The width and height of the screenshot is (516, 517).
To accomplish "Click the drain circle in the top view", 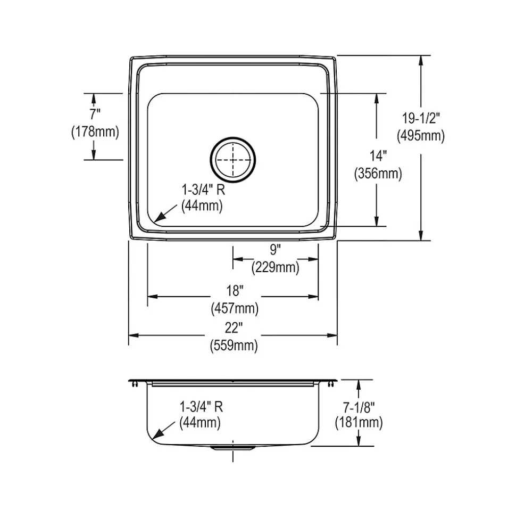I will point(233,159).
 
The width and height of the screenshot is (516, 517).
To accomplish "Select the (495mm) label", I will point(420,136).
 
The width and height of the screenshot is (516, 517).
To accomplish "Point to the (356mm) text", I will point(377,173).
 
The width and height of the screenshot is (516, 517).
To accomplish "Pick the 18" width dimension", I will point(234,291).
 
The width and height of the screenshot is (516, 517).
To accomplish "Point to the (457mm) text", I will point(234,307).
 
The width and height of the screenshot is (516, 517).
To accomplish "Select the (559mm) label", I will point(234,346).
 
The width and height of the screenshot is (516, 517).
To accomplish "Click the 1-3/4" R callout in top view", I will point(202,189).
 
